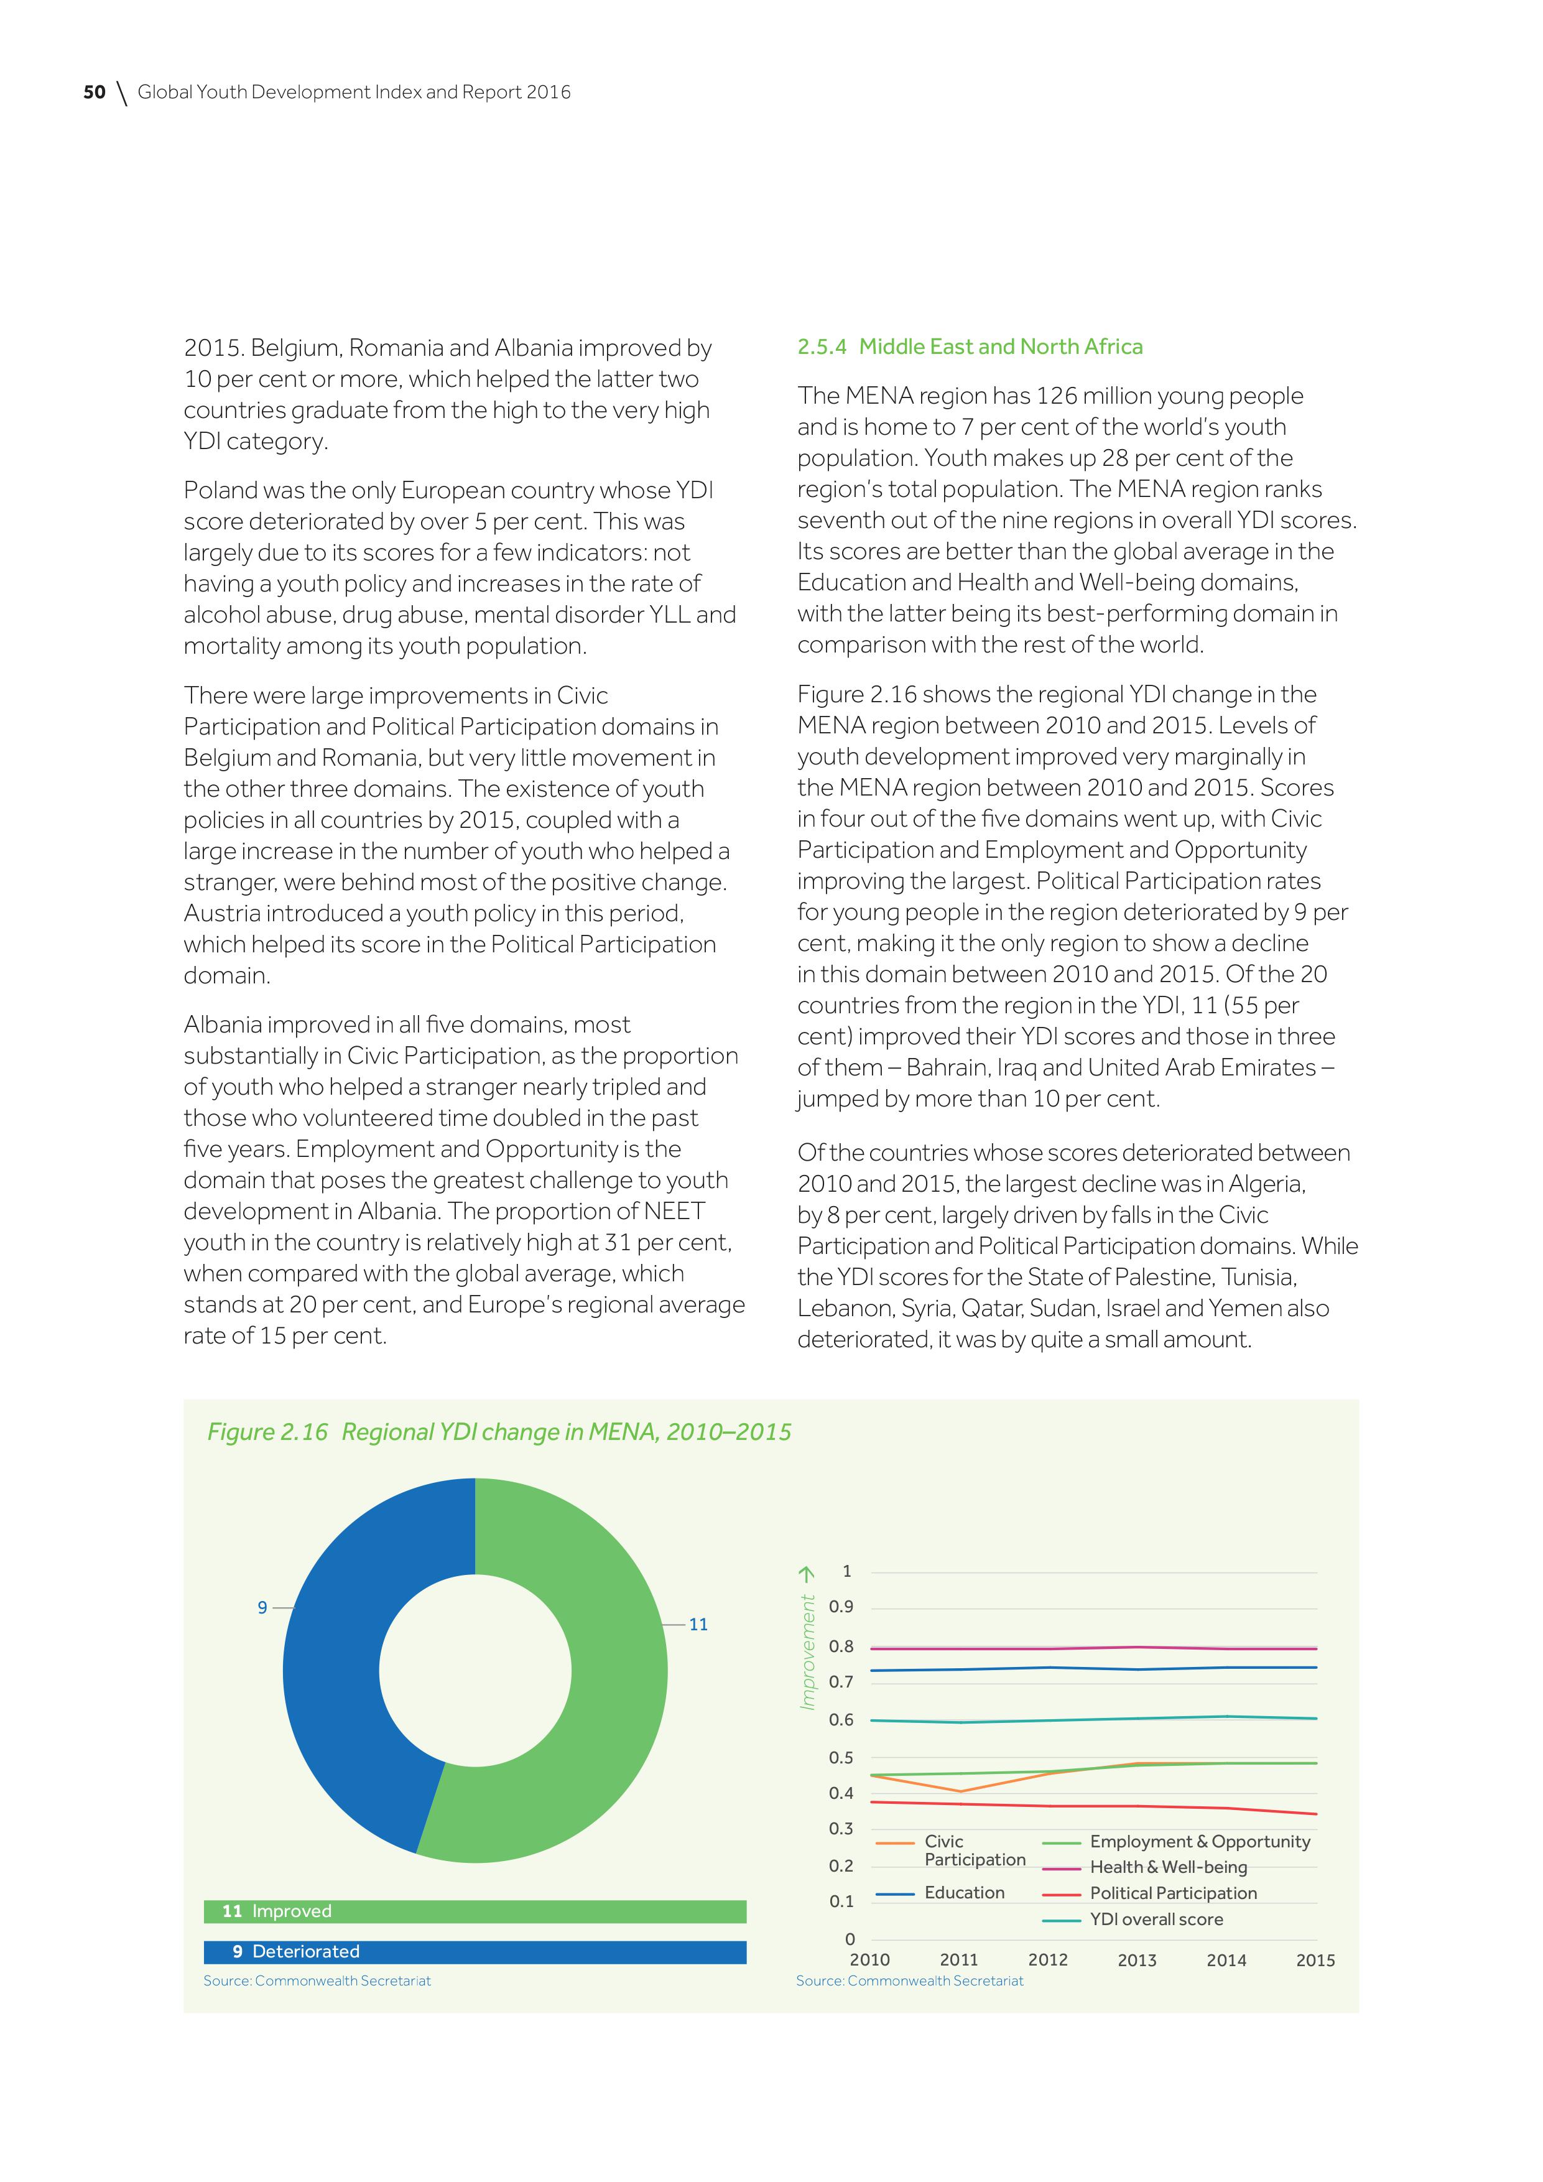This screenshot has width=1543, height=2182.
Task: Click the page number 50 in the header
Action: click(x=94, y=92)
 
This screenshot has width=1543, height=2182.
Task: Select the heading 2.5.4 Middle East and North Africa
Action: click(x=969, y=347)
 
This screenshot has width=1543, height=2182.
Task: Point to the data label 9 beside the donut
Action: click(x=262, y=1607)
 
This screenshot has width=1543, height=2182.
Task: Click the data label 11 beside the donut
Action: click(x=698, y=1624)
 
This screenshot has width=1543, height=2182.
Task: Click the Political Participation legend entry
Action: click(x=1172, y=1893)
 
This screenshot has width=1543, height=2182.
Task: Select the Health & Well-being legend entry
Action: click(x=1168, y=1867)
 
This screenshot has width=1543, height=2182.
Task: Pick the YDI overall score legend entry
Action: click(x=1156, y=1919)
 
